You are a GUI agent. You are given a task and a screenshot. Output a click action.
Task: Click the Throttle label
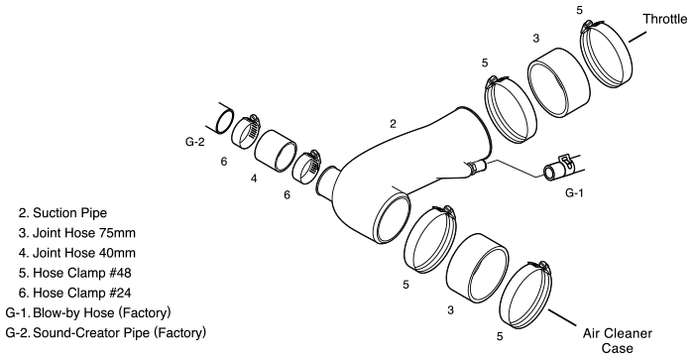(665, 19)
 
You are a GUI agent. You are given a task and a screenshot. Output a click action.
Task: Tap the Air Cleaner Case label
(618, 340)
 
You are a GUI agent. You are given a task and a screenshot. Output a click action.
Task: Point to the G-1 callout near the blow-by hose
(574, 192)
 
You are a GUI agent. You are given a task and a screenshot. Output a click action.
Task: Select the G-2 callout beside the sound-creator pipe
(194, 142)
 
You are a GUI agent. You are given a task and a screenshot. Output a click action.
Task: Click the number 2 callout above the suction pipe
(393, 124)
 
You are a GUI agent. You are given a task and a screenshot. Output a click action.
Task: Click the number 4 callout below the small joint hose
(254, 179)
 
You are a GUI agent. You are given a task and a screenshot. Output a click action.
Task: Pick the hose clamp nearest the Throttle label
(606, 54)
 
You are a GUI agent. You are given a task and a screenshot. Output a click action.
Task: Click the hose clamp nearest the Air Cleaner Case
(525, 296)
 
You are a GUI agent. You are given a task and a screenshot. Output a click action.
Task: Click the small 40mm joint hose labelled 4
(276, 151)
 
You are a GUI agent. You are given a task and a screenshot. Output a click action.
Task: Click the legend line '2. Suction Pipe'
(62, 213)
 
